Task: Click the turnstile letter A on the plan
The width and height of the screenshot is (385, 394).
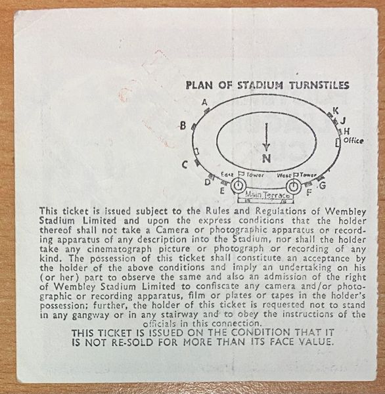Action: pyautogui.click(x=205, y=102)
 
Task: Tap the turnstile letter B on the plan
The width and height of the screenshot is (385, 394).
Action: pyautogui.click(x=183, y=125)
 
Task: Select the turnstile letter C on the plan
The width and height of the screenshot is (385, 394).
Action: pyautogui.click(x=185, y=165)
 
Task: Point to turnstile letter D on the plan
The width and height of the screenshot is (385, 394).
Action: pyautogui.click(x=207, y=182)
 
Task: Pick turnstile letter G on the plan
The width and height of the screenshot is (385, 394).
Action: pyautogui.click(x=323, y=185)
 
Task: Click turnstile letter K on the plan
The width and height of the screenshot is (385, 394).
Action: pyautogui.click(x=336, y=110)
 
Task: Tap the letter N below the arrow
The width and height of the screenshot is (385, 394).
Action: pyautogui.click(x=267, y=158)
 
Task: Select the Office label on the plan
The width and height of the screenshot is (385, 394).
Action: pyautogui.click(x=353, y=141)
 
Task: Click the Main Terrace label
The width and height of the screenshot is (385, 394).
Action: pyautogui.click(x=267, y=195)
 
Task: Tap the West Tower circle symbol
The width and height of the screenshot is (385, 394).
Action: pyautogui.click(x=294, y=186)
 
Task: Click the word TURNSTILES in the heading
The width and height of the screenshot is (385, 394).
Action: pyautogui.click(x=319, y=85)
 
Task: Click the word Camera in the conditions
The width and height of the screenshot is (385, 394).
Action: pyautogui.click(x=172, y=230)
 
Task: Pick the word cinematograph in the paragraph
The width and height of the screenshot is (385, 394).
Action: pyautogui.click(x=120, y=250)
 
